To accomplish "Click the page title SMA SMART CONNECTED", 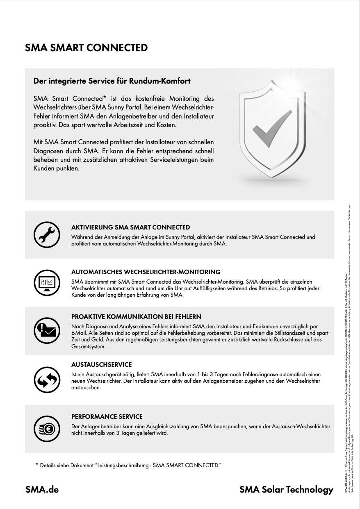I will pos(86,48).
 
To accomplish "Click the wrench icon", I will pos(44,234).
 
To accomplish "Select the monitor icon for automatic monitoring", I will pos(44,282).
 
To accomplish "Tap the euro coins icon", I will pos(44,429).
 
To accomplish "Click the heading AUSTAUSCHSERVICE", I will pos(101,365).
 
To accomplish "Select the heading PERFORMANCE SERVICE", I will pos(107,417).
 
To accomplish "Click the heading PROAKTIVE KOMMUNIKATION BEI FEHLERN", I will pos(136,317).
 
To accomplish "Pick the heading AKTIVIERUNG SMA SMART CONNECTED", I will pos(130,227).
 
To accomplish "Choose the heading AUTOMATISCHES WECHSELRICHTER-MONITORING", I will pos(146,272).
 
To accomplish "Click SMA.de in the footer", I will pos(42,490).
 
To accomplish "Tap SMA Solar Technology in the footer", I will pos(286,490).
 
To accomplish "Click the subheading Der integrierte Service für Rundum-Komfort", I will pos(112,81).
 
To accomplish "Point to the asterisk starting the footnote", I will pos(36,465).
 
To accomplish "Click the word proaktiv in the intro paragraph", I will pos(43,124).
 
